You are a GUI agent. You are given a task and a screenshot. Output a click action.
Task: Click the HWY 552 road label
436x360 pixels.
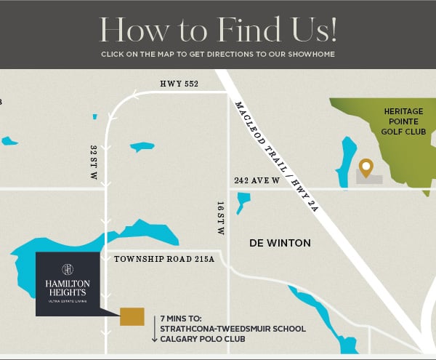tap(179, 84)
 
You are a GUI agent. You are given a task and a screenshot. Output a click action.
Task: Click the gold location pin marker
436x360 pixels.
tap(366, 167)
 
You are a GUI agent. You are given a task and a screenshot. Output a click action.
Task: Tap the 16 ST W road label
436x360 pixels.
tap(219, 217)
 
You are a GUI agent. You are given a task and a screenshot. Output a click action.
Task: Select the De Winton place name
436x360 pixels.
tap(280, 243)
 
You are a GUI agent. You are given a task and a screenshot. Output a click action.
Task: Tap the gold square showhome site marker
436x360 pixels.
tap(132, 316)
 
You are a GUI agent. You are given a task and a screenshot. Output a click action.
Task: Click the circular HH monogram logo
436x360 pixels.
tap(68, 270)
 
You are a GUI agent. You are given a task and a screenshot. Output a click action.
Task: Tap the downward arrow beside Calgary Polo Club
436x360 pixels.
tap(155, 335)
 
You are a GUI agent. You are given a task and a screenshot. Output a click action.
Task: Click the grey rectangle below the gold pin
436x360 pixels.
tap(368, 180)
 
